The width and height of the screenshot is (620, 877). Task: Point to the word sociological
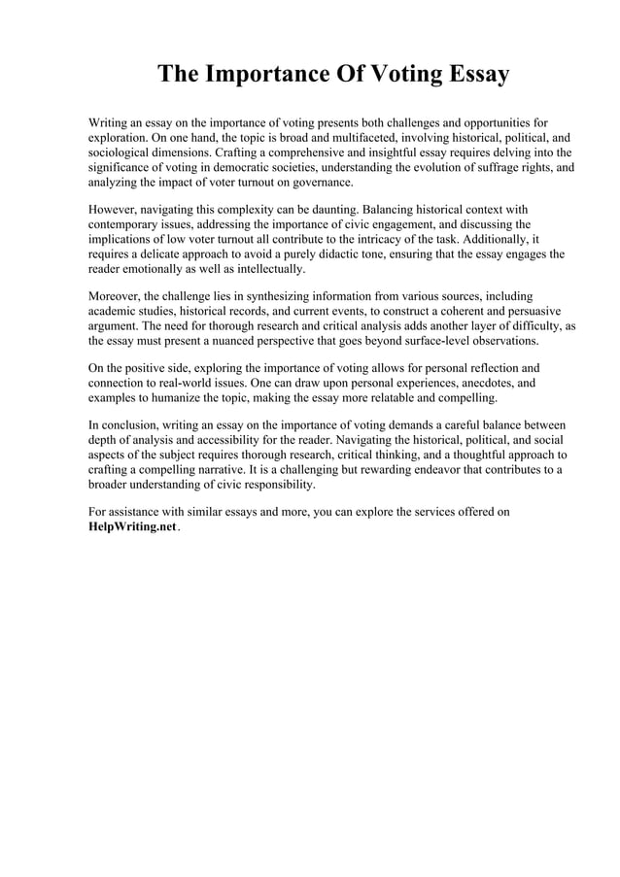(121, 152)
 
